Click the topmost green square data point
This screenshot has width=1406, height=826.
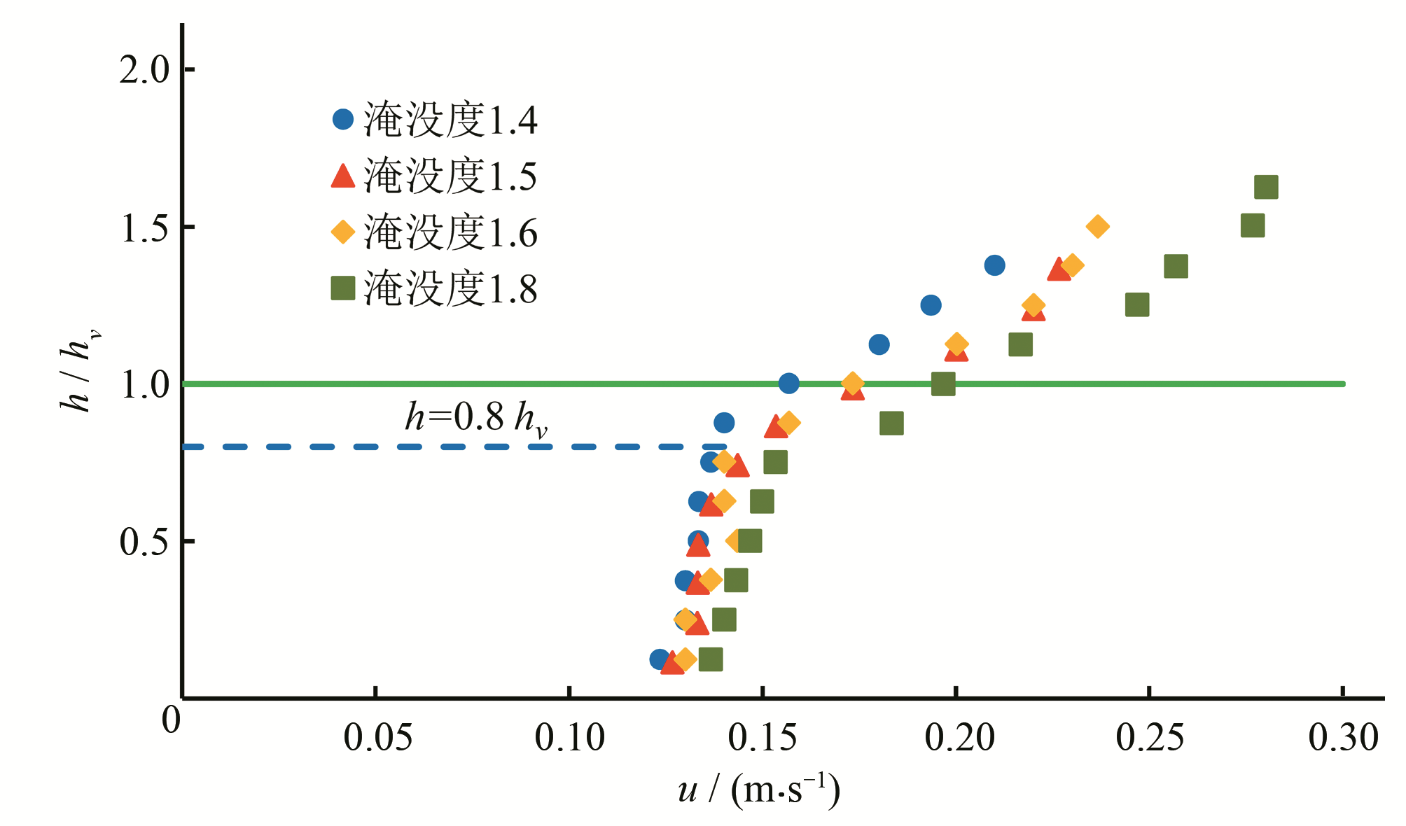click(1266, 187)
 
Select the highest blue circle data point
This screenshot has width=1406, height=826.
click(994, 265)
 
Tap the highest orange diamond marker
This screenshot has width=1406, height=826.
click(1097, 226)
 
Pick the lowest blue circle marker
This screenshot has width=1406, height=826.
click(659, 659)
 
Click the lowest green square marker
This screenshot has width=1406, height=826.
click(711, 659)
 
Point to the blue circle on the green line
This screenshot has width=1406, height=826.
click(788, 383)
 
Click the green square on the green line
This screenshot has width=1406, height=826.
click(943, 384)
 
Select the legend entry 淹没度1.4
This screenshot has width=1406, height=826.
click(434, 120)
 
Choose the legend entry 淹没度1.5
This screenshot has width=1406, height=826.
click(434, 176)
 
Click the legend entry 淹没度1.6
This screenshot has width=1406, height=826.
click(434, 232)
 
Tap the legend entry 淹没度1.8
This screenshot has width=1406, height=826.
click(434, 288)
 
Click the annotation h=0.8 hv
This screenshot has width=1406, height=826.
click(476, 418)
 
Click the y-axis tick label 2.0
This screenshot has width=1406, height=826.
click(144, 69)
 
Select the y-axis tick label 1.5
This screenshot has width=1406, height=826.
click(144, 227)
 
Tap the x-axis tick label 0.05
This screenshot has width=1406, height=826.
click(377, 738)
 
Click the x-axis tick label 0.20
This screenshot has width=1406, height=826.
click(959, 738)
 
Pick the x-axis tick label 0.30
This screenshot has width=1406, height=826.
click(1343, 738)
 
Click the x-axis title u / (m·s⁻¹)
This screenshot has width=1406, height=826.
click(759, 790)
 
